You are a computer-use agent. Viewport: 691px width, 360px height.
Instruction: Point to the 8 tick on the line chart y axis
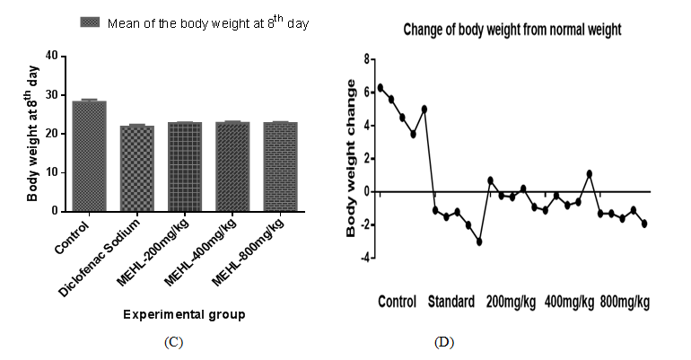[x=366, y=58]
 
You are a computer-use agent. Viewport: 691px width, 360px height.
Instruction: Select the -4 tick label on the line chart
[x=363, y=258]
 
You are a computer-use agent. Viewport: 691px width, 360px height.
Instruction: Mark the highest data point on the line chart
[x=380, y=87]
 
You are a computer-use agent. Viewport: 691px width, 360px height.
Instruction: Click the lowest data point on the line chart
[x=479, y=241]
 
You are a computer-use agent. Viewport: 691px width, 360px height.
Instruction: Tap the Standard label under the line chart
[x=451, y=302]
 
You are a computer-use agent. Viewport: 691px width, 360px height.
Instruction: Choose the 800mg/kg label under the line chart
[x=625, y=302]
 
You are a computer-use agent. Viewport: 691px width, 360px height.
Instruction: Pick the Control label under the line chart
[x=398, y=302]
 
